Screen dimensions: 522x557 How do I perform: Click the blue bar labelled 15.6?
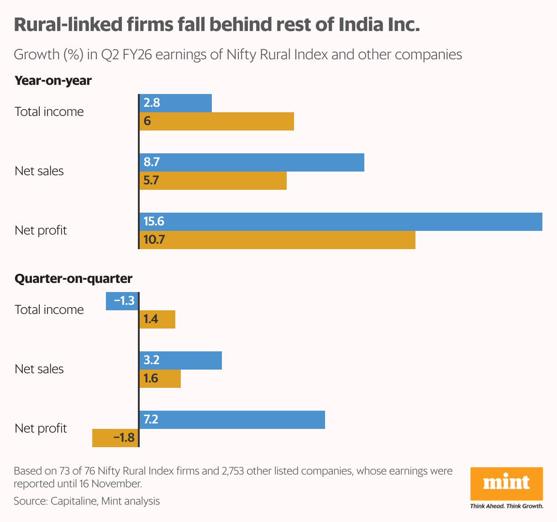tap(341, 222)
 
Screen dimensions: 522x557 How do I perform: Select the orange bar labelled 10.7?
tap(277, 240)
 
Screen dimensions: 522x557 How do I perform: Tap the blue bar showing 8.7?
tap(252, 162)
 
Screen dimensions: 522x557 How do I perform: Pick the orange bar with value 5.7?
tap(213, 181)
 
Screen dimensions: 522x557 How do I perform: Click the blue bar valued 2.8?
tap(175, 103)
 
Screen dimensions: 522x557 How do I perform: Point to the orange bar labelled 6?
tap(216, 121)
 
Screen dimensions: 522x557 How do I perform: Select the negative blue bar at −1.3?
tap(122, 301)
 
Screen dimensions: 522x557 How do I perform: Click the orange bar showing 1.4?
tap(157, 319)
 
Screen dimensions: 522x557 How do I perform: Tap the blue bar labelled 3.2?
tap(180, 360)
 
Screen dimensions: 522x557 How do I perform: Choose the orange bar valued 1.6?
tap(160, 379)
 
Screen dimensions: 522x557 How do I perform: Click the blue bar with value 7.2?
tap(232, 420)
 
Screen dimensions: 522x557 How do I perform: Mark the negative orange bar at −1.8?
tap(115, 438)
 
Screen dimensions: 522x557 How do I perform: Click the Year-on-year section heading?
tap(53, 81)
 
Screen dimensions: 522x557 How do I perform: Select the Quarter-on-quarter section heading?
tap(74, 279)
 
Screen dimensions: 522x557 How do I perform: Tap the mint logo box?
tap(506, 484)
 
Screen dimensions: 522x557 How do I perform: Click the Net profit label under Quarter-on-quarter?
tap(41, 428)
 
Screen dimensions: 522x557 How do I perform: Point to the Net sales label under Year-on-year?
tap(39, 171)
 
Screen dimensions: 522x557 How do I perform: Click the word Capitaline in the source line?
tap(74, 501)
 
